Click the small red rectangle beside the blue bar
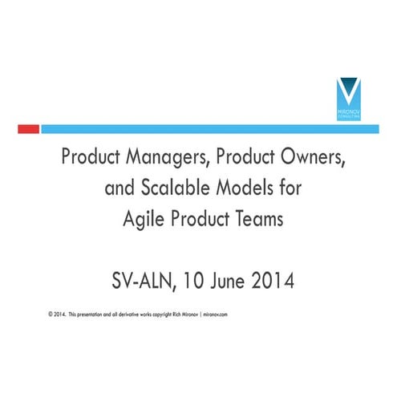28,128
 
